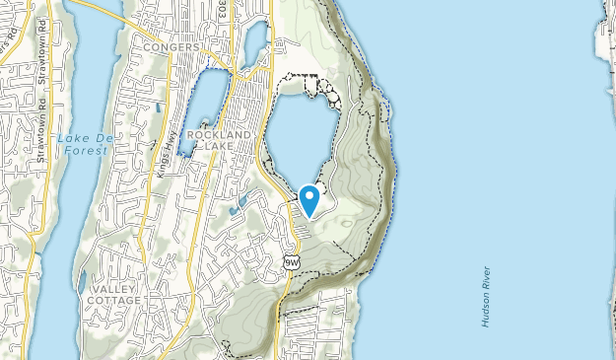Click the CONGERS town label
pyautogui.click(x=171, y=46)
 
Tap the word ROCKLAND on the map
pyautogui.click(x=227, y=134)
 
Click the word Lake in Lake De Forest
pyautogui.click(x=72, y=138)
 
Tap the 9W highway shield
pyautogui.click(x=290, y=261)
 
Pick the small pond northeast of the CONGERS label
pyautogui.click(x=253, y=43)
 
